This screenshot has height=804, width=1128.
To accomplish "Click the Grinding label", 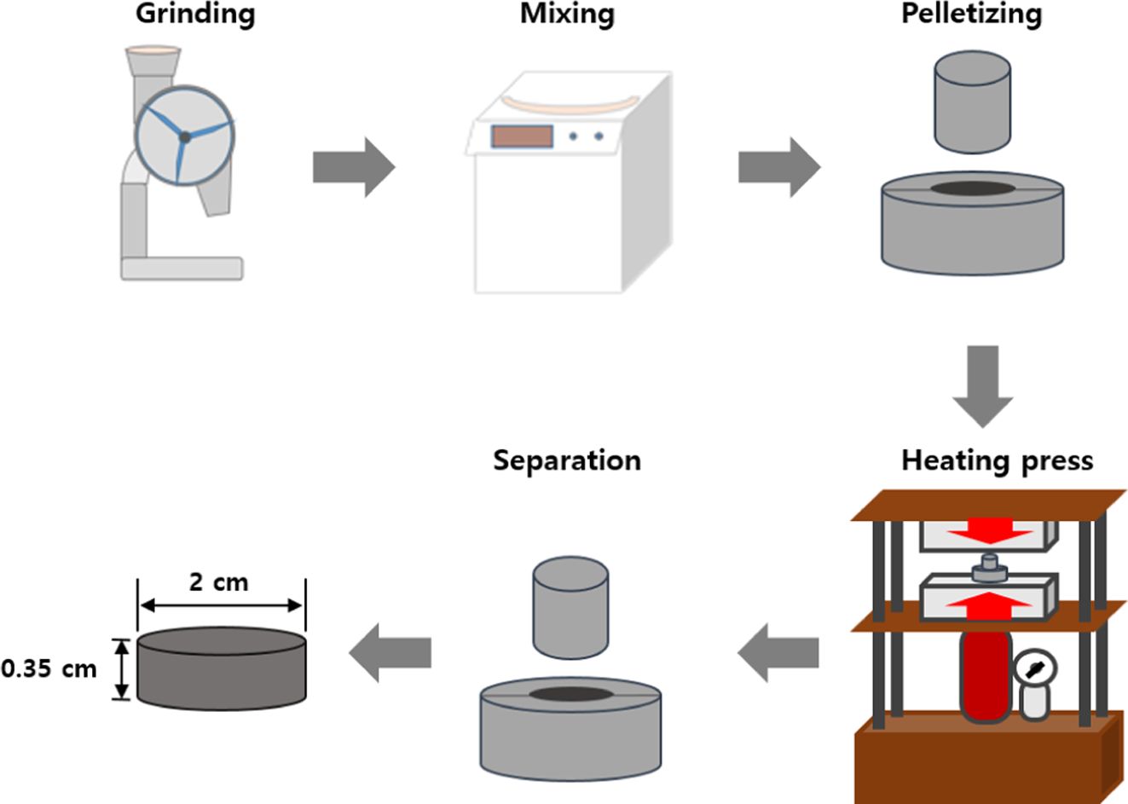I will point(195,15).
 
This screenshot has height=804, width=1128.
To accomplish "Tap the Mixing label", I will point(567,15).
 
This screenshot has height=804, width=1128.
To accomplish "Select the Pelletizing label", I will point(971,15).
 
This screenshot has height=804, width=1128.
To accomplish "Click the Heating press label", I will point(997,461).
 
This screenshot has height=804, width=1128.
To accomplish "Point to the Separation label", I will point(567,461).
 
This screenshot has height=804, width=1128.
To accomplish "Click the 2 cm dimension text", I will point(218,582).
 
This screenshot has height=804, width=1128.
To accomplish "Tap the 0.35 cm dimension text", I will point(49,668).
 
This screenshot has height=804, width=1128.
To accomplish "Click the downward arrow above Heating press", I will point(982,385).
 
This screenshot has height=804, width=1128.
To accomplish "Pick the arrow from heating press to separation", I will point(778,652).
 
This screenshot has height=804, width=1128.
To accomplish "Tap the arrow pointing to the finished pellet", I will point(390,652).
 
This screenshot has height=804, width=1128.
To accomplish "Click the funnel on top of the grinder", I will point(153,61).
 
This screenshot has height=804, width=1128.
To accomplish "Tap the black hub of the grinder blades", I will point(184,136).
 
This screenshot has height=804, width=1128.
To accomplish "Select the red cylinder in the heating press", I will point(986,674).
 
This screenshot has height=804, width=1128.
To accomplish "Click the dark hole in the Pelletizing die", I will point(972,188).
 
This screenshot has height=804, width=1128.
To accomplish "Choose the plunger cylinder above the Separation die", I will point(570,607).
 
